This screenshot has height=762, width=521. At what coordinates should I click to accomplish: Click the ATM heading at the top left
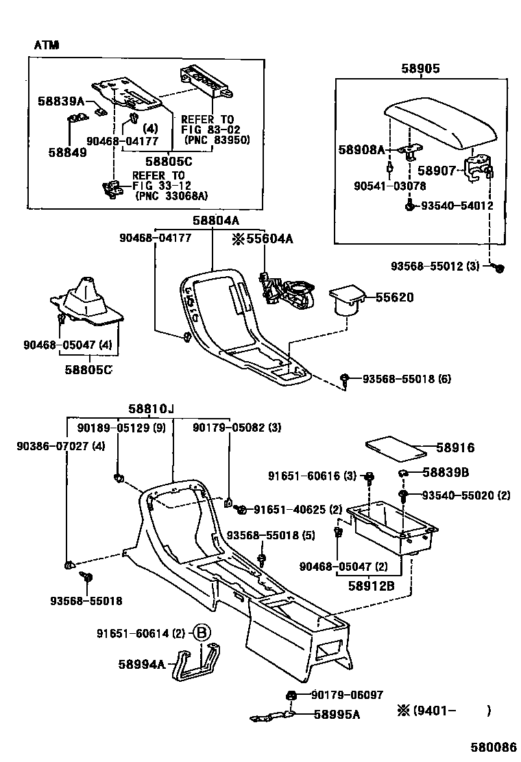(x=47, y=45)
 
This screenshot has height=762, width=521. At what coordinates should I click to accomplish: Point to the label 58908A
(x=361, y=149)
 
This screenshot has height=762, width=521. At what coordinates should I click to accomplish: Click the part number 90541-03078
(x=390, y=186)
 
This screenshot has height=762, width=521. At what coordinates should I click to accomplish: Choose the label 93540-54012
(x=457, y=206)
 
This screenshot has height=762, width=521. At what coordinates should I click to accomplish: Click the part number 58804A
(x=215, y=221)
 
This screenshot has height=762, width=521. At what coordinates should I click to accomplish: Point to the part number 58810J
(x=151, y=409)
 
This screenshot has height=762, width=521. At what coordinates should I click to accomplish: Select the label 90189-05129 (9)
(x=112, y=427)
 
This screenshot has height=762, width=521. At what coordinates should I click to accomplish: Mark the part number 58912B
(x=371, y=586)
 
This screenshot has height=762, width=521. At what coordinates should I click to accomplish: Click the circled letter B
(x=201, y=634)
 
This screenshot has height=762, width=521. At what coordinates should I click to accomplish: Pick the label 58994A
(x=142, y=664)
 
